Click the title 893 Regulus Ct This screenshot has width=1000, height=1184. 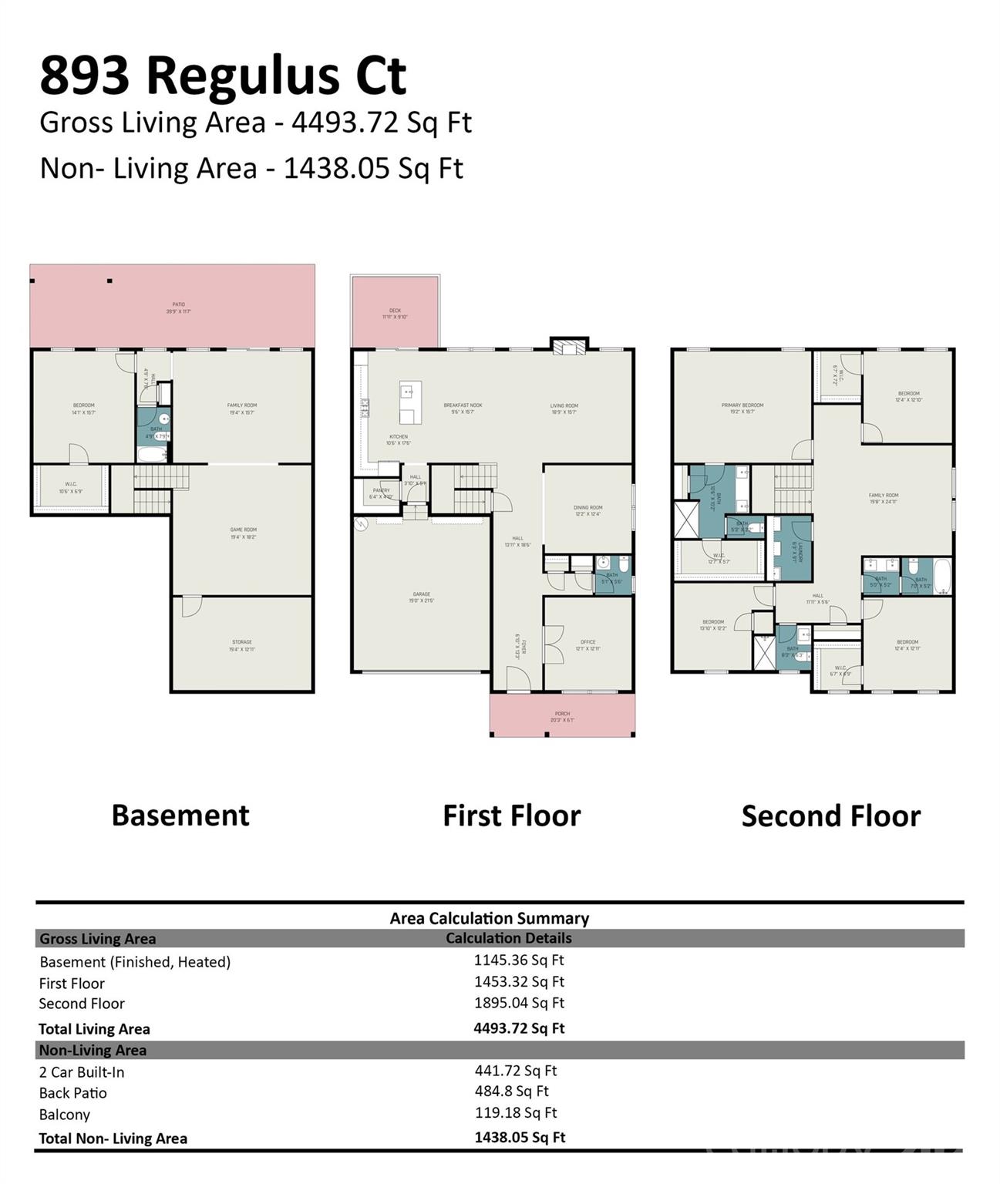tap(223, 76)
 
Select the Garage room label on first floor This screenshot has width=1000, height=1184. tap(421, 597)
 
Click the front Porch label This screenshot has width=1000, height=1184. tap(562, 717)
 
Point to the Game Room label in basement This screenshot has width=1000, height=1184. tap(243, 533)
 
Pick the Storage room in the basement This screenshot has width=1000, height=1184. tap(242, 644)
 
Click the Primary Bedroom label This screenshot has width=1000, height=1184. tap(742, 408)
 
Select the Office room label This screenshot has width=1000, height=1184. tap(588, 644)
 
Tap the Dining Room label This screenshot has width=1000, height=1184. tap(588, 510)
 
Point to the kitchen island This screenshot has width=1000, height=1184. tap(409, 402)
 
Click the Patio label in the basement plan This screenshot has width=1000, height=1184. tap(178, 308)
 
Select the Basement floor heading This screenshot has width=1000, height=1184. tap(180, 816)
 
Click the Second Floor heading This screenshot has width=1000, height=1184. tap(830, 816)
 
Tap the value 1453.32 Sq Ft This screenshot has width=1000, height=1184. tap(519, 981)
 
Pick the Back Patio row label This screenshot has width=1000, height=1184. tap(73, 1093)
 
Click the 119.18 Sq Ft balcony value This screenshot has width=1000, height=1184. tap(515, 1112)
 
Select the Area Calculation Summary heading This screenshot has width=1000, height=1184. tap(489, 918)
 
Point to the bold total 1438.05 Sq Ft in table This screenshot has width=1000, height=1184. tap(520, 1137)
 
